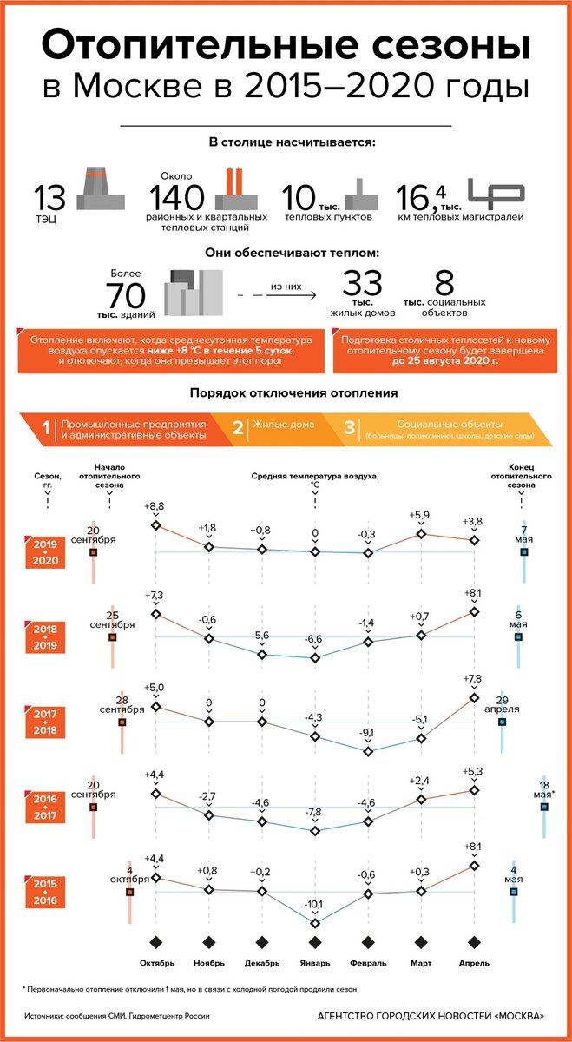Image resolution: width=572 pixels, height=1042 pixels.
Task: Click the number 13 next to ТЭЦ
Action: tap(49, 197)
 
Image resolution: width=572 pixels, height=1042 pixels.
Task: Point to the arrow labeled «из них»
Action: tap(289, 294)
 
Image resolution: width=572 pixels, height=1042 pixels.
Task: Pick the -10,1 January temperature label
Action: tap(314, 904)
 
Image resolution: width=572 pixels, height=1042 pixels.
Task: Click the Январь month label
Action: tap(314, 963)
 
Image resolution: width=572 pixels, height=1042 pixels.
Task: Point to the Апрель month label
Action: tap(474, 963)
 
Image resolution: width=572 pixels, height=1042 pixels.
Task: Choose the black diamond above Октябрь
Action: tap(156, 943)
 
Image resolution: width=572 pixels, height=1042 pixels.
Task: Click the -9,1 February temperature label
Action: tap(367, 733)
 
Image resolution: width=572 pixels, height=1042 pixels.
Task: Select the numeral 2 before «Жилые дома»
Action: tap(238, 427)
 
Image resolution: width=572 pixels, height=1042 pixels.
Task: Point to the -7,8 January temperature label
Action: tap(314, 812)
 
